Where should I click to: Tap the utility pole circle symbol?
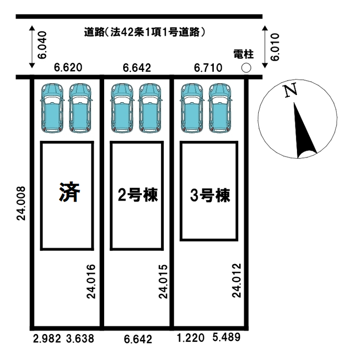[247, 67]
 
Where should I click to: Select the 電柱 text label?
[243, 54]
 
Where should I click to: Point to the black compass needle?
[304, 132]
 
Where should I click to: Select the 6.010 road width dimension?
[275, 47]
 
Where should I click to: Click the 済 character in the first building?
[68, 193]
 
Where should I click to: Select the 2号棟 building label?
[137, 196]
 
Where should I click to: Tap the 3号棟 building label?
[209, 196]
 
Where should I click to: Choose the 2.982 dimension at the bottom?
[46, 338]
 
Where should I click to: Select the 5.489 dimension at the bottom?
[226, 337]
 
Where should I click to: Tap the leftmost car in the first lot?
[52, 108]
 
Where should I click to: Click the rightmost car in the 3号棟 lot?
[221, 108]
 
